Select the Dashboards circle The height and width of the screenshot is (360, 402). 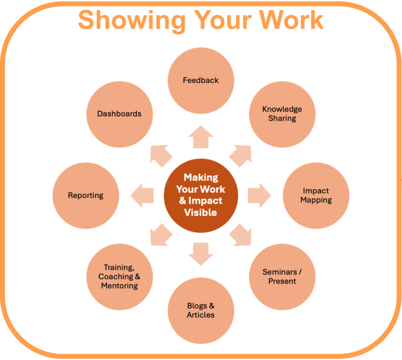tap(119, 114)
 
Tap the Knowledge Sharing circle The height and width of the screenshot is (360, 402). tap(282, 114)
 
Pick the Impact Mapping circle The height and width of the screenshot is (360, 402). tap(316, 195)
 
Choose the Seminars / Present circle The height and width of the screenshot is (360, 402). tap(282, 276)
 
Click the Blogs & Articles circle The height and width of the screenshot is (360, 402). tap(201, 310)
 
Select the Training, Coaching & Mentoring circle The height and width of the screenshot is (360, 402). tap(119, 276)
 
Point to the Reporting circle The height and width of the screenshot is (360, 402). tap(86, 195)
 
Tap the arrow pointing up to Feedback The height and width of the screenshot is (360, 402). tap(201, 137)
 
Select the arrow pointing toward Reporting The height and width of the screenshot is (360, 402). tap(142, 195)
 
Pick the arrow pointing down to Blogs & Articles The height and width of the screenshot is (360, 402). tap(201, 253)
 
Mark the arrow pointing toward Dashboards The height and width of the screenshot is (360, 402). tap(161, 155)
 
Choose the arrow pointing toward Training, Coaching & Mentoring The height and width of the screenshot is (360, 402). tap(161, 236)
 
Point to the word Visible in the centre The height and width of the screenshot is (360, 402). tap(201, 213)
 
